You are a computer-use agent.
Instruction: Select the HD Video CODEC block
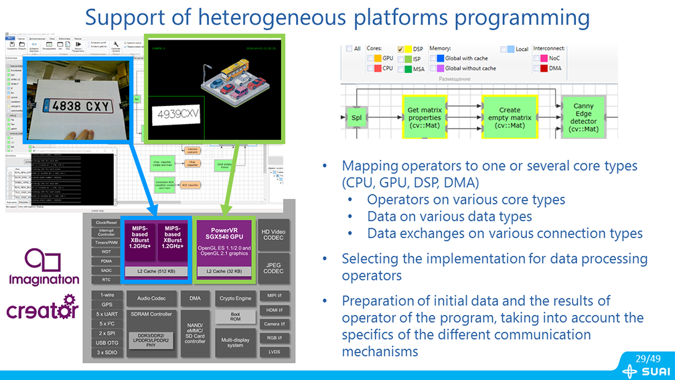click(x=274, y=235)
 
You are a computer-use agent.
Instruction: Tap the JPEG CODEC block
click(x=274, y=267)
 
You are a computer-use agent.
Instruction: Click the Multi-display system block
click(x=234, y=342)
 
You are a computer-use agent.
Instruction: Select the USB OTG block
click(x=106, y=343)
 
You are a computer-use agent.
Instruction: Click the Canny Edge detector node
click(x=583, y=117)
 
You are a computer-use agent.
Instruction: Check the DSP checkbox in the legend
click(x=401, y=50)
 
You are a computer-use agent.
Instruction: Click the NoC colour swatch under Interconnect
click(x=537, y=58)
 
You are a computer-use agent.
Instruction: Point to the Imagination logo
click(x=44, y=267)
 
